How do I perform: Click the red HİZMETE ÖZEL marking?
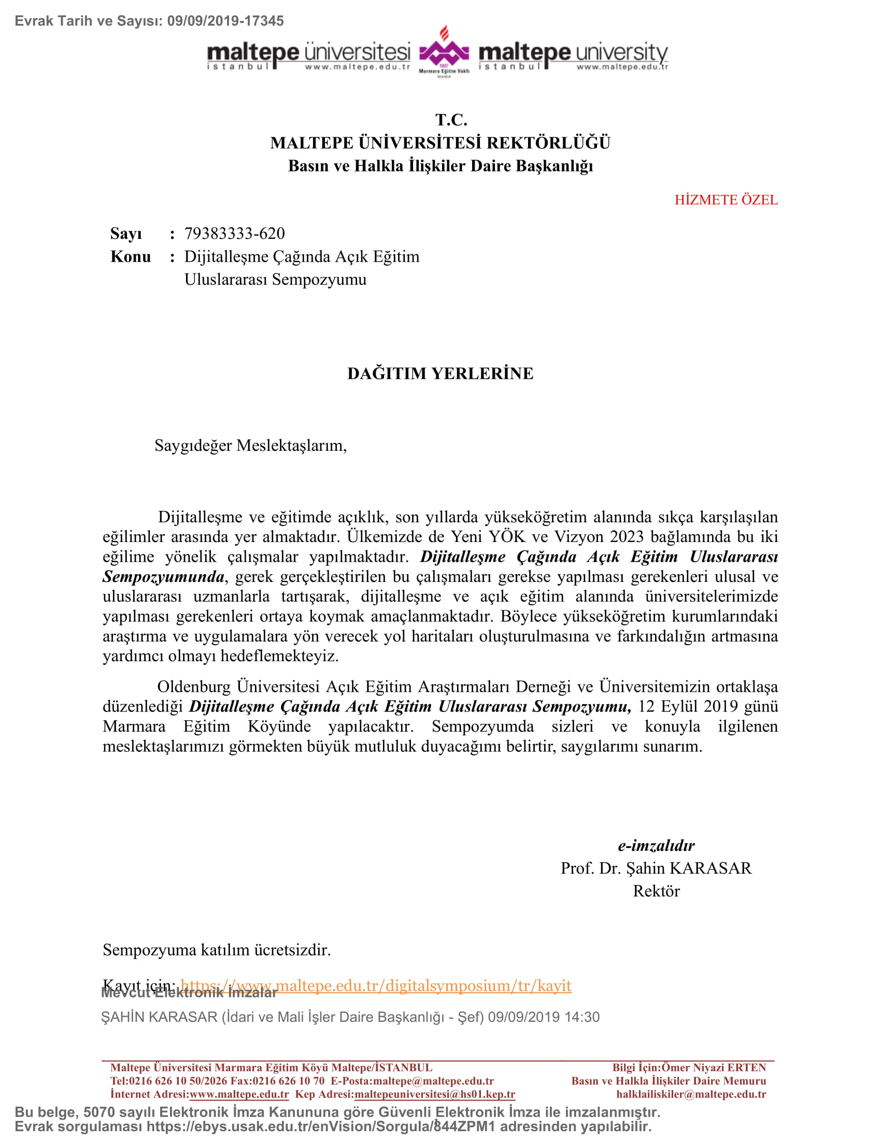726,200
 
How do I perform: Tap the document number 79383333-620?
234,233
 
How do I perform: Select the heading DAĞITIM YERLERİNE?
440,373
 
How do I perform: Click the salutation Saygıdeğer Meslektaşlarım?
250,445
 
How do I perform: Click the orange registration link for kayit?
376,986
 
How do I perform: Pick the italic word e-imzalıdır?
656,846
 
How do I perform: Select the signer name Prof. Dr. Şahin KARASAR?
656,868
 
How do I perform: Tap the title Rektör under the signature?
656,891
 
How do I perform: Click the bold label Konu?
131,257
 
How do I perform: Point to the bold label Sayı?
126,234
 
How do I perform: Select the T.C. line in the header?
451,120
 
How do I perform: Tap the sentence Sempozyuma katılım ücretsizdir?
217,949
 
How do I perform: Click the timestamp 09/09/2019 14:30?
543,1017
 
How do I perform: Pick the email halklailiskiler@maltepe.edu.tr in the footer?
691,1094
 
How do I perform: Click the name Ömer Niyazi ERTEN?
714,1067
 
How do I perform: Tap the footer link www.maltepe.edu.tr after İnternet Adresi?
239,1094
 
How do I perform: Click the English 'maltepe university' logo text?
573,53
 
